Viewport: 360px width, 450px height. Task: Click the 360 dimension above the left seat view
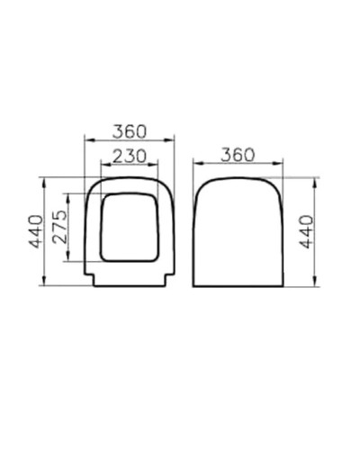(130, 130)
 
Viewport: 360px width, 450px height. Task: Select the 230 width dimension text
(130, 155)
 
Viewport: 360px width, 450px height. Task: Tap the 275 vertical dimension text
(58, 229)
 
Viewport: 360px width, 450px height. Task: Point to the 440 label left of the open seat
(35, 232)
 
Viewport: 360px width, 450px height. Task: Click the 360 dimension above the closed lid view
(238, 155)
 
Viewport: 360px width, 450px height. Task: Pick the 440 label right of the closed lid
(305, 232)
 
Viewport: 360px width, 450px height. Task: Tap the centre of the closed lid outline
(238, 232)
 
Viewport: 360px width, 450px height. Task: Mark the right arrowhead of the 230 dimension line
(157, 165)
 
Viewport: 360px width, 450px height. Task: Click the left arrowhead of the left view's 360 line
(86, 139)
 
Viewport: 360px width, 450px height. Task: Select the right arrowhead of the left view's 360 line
(173, 139)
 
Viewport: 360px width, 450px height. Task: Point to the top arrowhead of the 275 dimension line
(67, 194)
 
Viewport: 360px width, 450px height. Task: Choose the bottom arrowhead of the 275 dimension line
(67, 262)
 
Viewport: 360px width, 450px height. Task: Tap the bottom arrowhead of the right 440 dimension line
(314, 283)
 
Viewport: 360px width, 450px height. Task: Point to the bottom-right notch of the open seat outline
(168, 279)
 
